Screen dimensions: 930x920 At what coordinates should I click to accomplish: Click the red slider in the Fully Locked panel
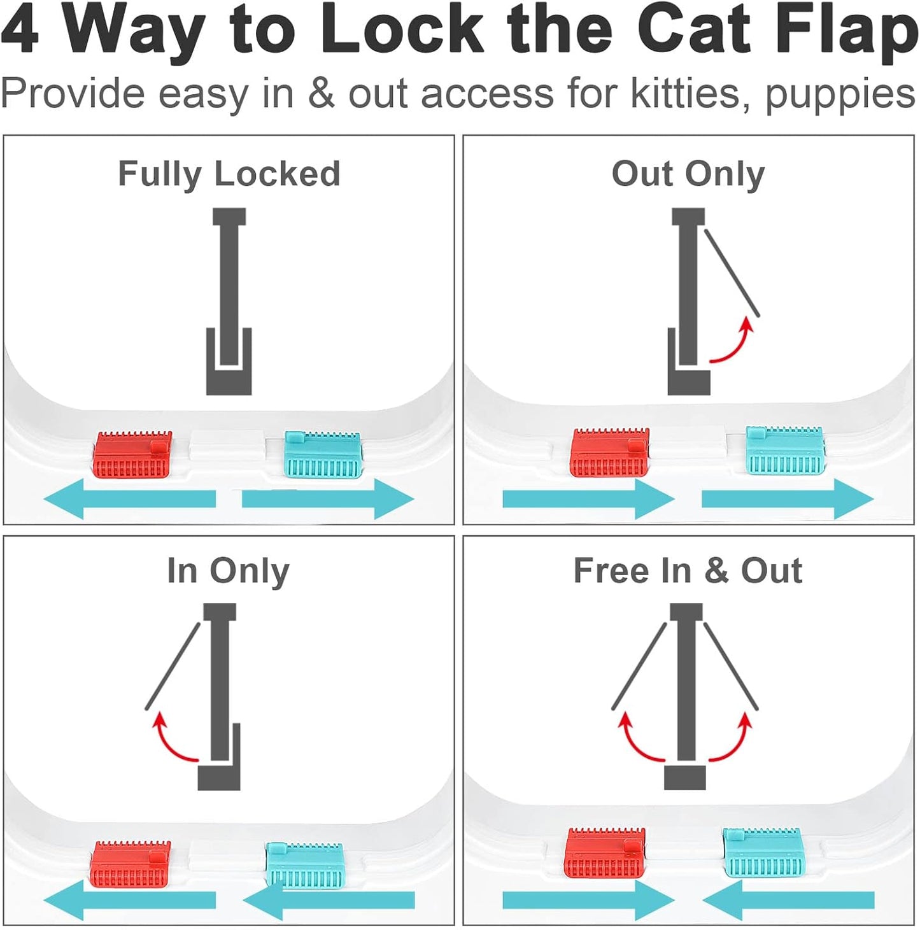pyautogui.click(x=133, y=455)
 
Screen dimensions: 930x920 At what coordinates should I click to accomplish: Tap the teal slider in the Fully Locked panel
pyautogui.click(x=323, y=455)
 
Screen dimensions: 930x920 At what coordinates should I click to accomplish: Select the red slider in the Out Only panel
pyautogui.click(x=609, y=453)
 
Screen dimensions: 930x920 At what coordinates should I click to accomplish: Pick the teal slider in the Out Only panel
pyautogui.click(x=785, y=451)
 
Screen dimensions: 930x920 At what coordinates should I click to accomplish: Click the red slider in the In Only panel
pyautogui.click(x=131, y=864)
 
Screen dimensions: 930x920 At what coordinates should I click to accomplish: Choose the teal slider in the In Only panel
pyautogui.click(x=305, y=865)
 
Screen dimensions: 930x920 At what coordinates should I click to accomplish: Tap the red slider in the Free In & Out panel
pyautogui.click(x=605, y=852)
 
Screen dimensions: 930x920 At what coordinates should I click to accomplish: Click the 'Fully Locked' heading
pyautogui.click(x=229, y=174)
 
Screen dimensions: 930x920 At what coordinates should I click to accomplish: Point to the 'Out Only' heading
pyautogui.click(x=688, y=174)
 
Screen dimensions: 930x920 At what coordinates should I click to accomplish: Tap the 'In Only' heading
pyautogui.click(x=228, y=570)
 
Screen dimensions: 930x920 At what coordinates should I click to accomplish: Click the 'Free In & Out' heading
pyautogui.click(x=688, y=570)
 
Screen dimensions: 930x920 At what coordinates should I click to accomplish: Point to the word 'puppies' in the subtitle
pyautogui.click(x=840, y=94)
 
